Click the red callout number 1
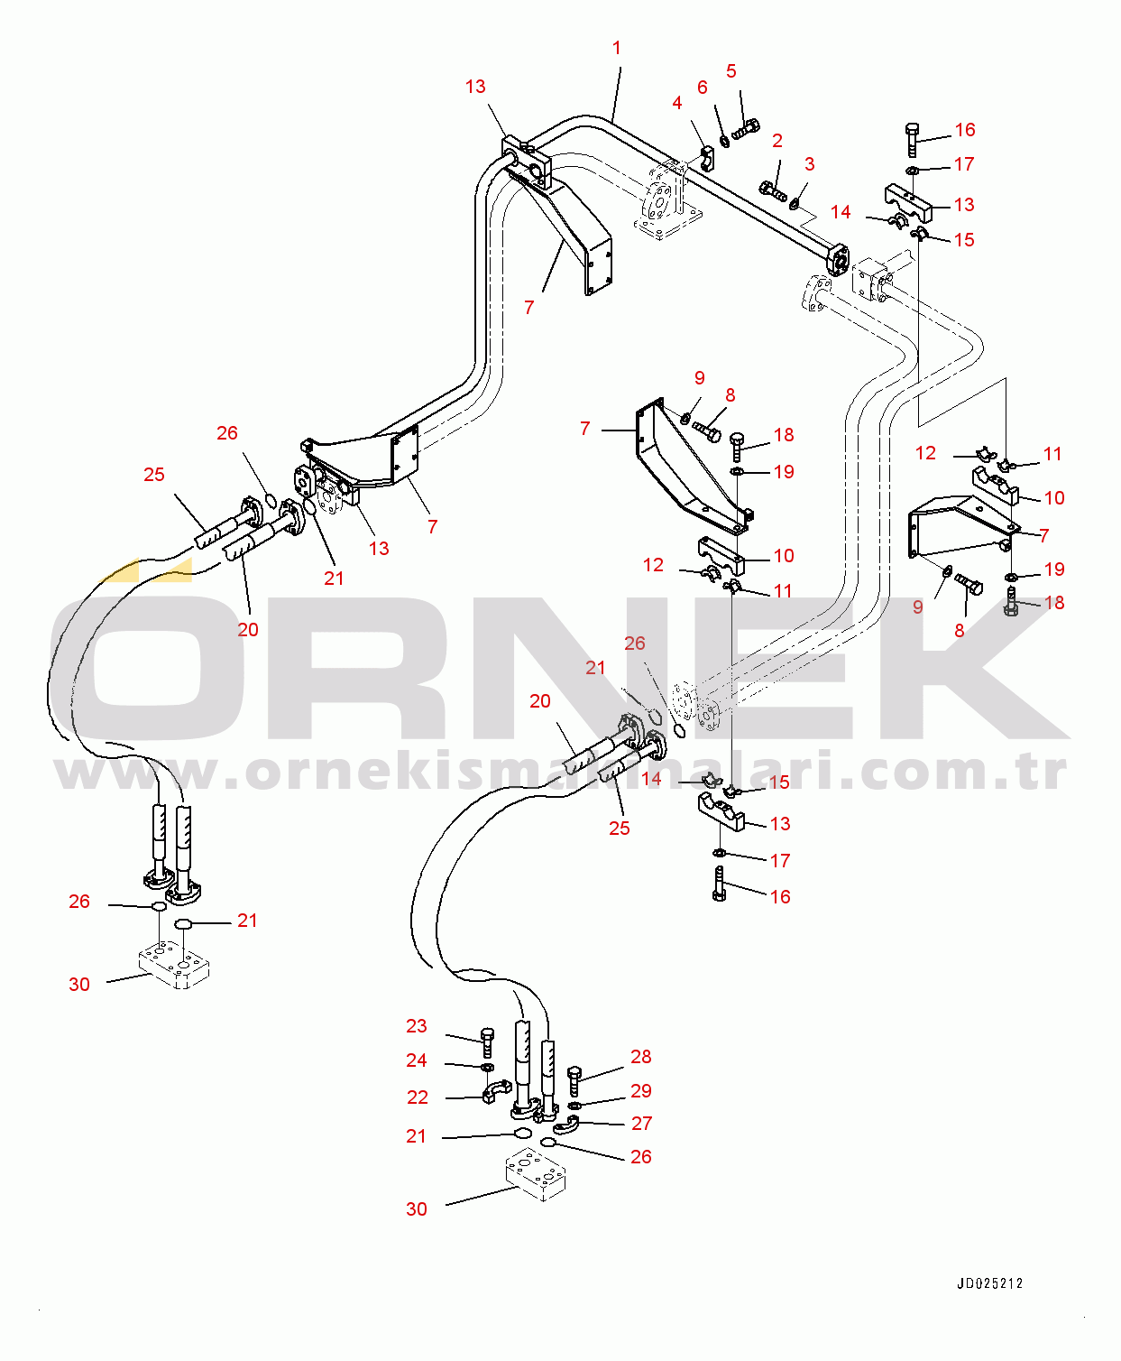[x=617, y=48]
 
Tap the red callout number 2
[x=777, y=141]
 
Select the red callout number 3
[x=810, y=164]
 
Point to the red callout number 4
[x=677, y=103]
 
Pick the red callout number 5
[x=731, y=71]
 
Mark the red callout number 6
[x=703, y=88]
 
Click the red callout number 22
[x=418, y=1097]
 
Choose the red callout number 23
[x=417, y=1026]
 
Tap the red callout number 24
[x=417, y=1060]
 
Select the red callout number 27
[x=641, y=1124]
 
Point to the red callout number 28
[x=641, y=1057]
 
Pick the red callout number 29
[x=641, y=1091]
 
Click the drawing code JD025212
[x=990, y=1283]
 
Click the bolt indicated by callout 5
[x=746, y=131]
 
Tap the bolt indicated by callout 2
[x=773, y=190]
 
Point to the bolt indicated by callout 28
[x=574, y=1079]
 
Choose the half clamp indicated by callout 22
[x=495, y=1093]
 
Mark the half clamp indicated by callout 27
[x=565, y=1124]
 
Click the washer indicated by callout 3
[x=795, y=204]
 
